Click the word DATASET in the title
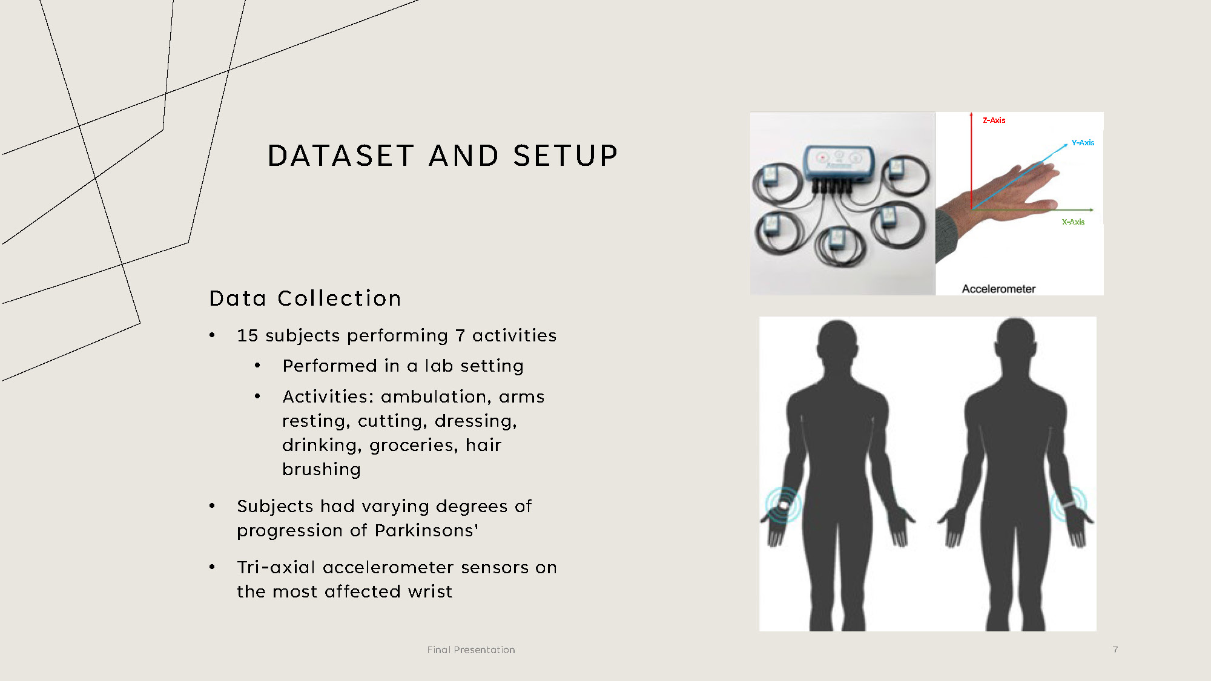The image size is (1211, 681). tap(341, 156)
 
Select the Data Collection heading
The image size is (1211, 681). tap(305, 298)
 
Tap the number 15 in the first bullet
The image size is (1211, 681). tap(247, 335)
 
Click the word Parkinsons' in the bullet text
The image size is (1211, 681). tap(426, 530)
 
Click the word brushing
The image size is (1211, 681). tap(322, 470)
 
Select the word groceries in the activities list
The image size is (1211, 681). tap(412, 446)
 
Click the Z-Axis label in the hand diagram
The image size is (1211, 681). tap(994, 120)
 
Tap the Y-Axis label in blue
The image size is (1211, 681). tap(1083, 143)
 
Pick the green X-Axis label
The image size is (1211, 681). tap(1073, 222)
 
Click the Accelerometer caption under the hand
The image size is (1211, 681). tap(998, 289)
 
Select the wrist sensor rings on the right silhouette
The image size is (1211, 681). tap(1069, 504)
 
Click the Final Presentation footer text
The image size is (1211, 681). tap(471, 650)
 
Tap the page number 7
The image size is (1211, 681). tap(1115, 650)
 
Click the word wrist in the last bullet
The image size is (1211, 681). tap(430, 591)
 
